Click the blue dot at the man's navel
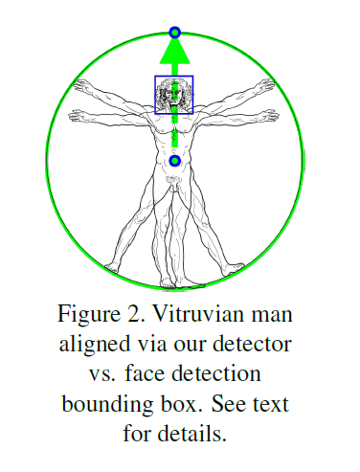pyautogui.click(x=174, y=161)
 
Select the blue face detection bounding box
pyautogui.click(x=156, y=95)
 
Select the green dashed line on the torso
pyautogui.click(x=174, y=129)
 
